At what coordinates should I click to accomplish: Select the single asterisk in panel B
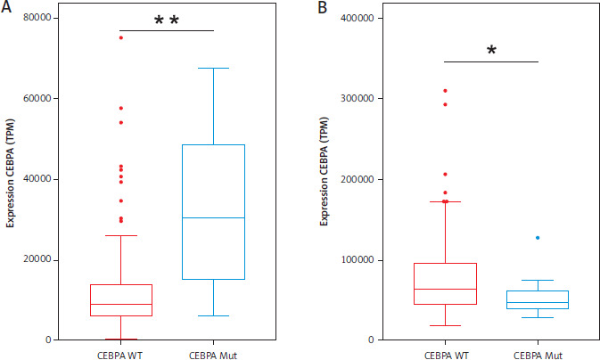tap(491, 52)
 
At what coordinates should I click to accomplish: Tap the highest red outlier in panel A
tap(120, 37)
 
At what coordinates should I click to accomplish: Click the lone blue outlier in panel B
tap(538, 238)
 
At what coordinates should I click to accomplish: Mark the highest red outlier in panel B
tap(444, 91)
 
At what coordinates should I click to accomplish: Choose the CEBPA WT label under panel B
tap(444, 352)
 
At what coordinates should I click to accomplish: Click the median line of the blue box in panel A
tap(213, 218)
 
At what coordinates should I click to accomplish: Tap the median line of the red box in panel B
tap(444, 289)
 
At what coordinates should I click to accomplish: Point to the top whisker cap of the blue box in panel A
tap(213, 68)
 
